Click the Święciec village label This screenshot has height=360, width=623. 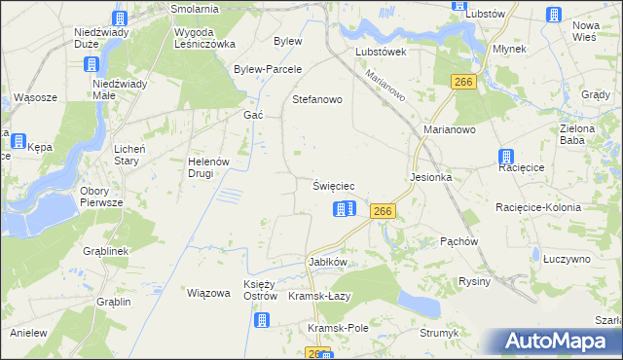coord(340,186)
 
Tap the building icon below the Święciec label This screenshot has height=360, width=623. coord(345,209)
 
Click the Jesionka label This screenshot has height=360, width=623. coord(432,178)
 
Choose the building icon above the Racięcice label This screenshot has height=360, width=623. coord(507,158)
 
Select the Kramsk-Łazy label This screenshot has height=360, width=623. coord(319,296)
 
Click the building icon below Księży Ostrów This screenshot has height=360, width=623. coord(261,319)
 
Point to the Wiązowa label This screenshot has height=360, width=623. coord(207,293)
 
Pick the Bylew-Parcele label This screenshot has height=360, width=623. coord(268,70)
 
